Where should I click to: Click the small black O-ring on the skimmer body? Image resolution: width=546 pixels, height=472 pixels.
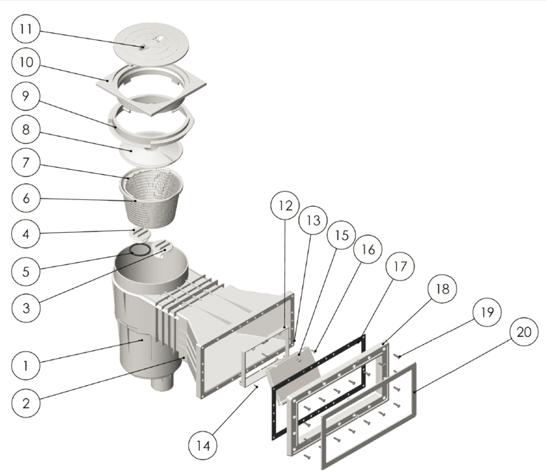(x=139, y=250)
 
